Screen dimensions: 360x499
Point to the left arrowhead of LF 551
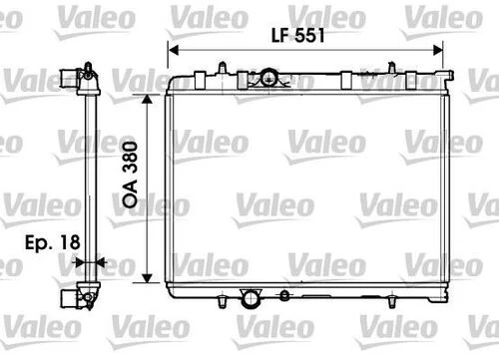172,49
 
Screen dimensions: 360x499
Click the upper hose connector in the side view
70,77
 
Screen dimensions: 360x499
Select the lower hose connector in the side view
70,297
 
